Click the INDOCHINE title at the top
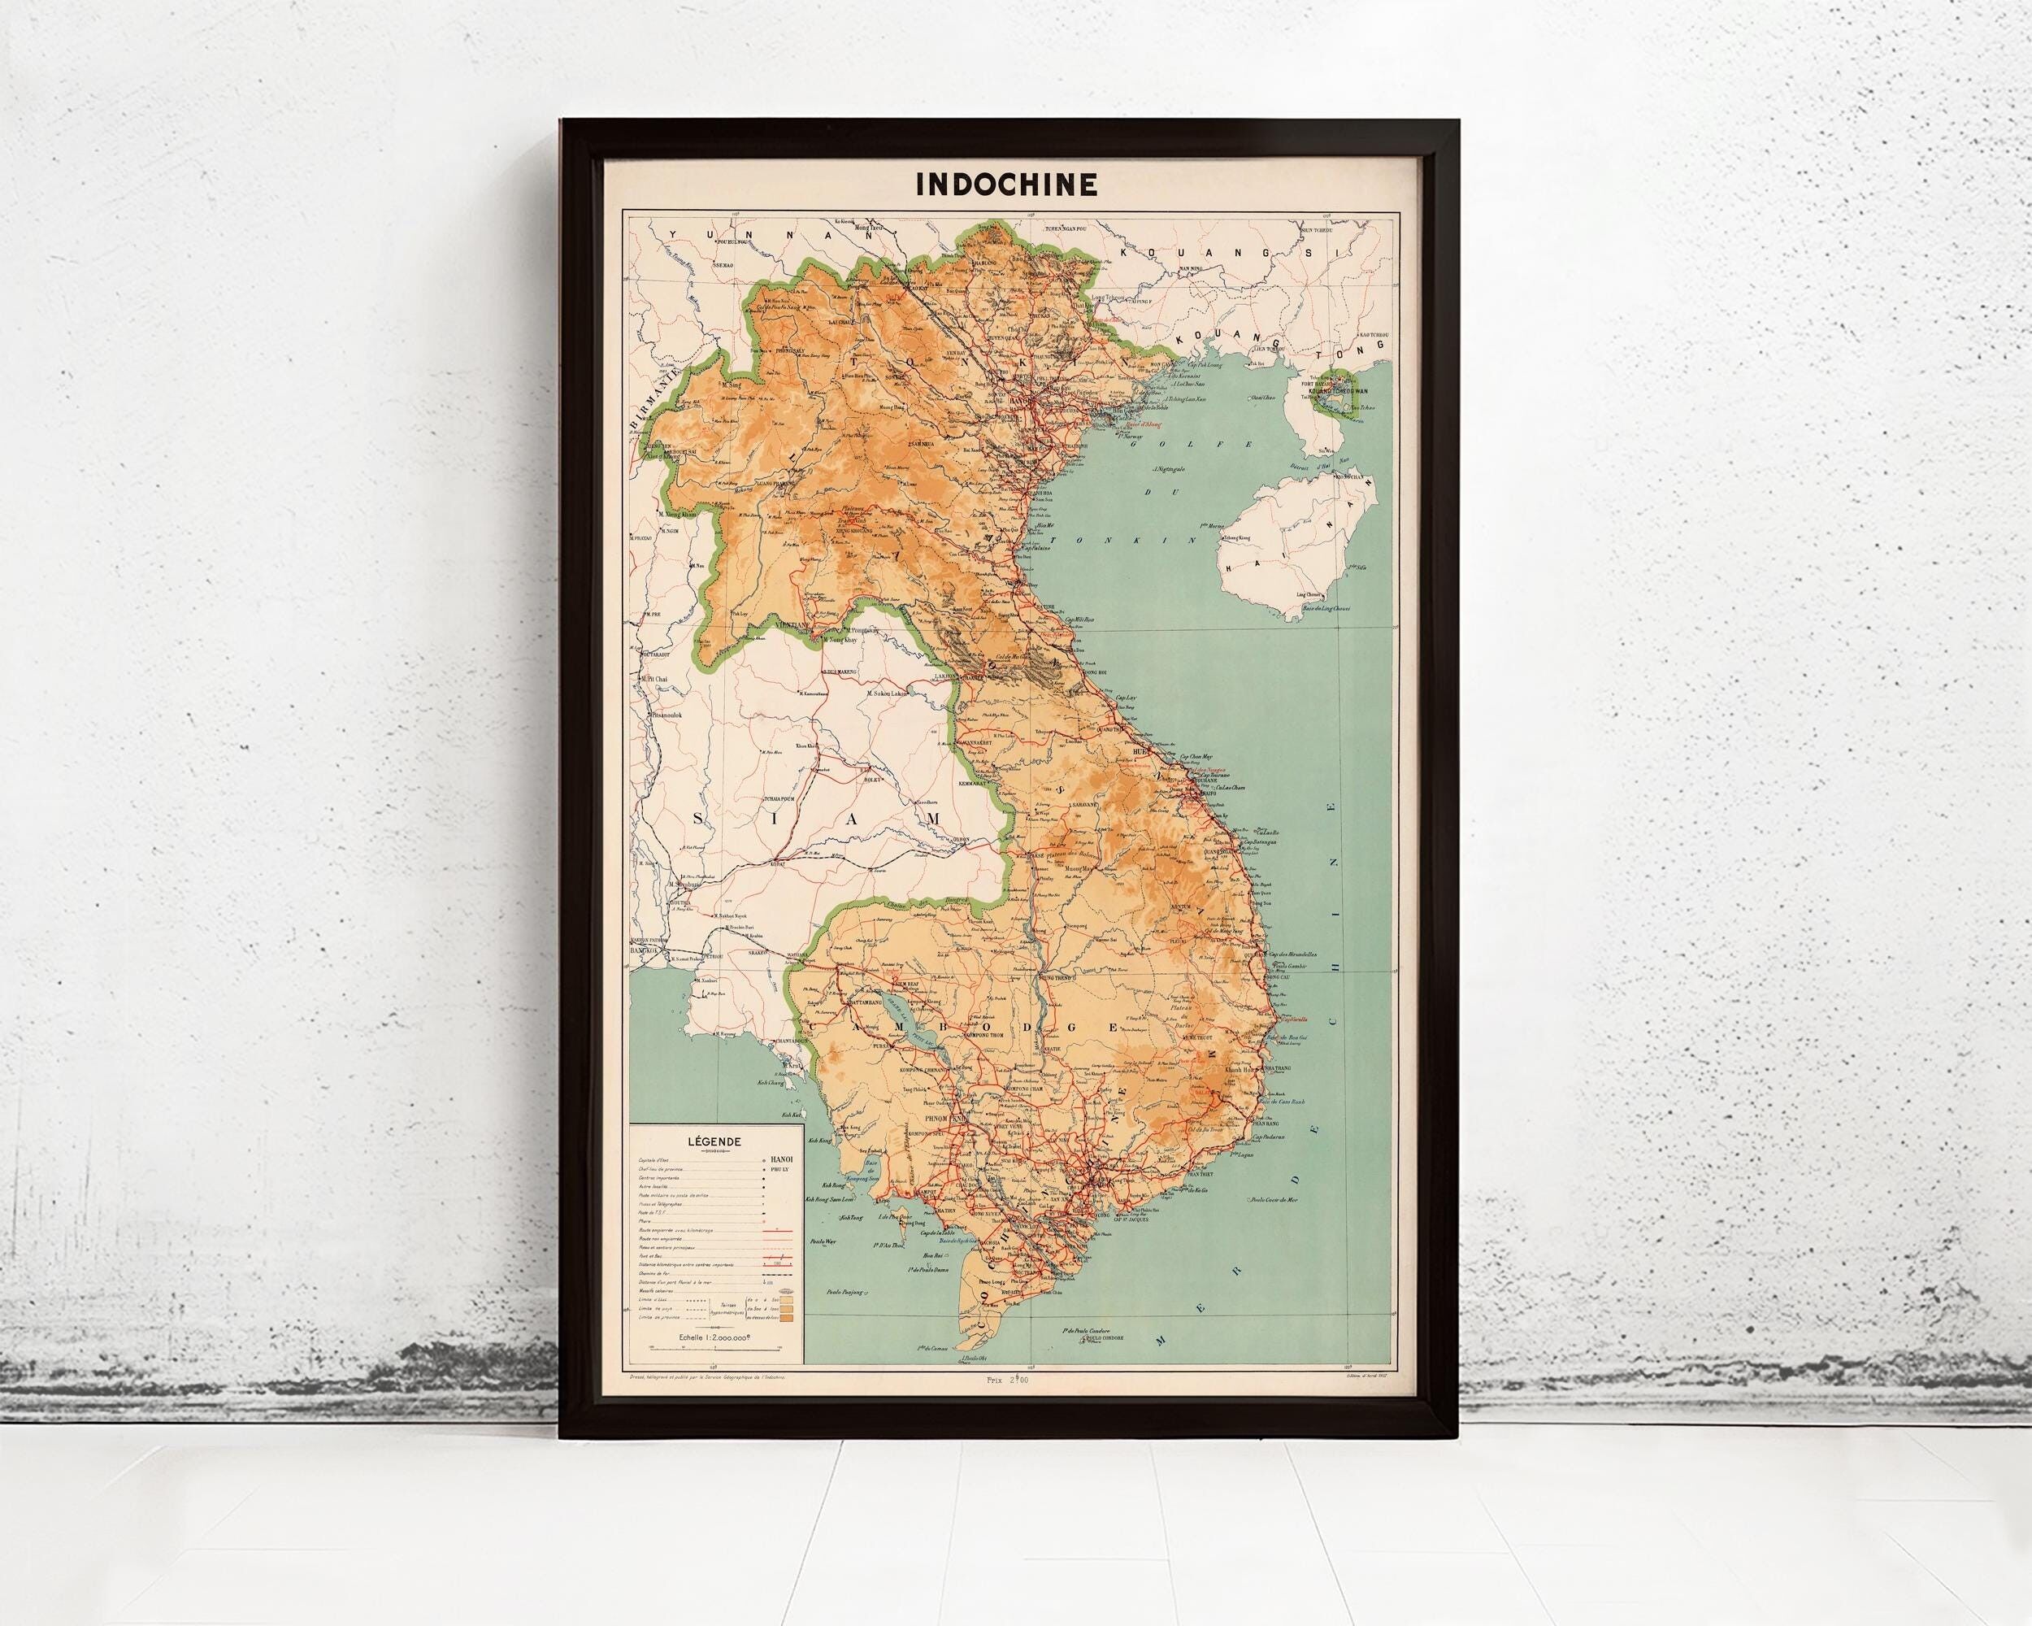(1006, 185)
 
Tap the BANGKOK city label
(643, 953)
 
